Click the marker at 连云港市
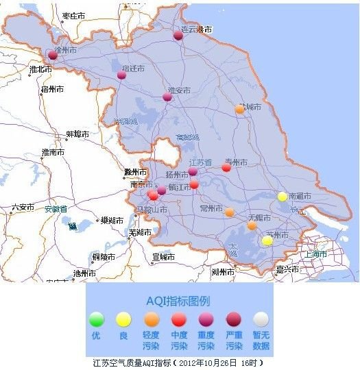[178, 36]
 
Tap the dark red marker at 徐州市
[53, 56]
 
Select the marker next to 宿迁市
[121, 75]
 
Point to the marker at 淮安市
[167, 97]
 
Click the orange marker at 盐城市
[239, 109]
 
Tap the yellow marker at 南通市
[282, 197]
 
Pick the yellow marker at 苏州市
[267, 241]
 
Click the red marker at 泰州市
[226, 167]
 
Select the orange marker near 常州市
[229, 212]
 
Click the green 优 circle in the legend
[97, 319]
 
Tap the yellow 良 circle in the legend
[123, 319]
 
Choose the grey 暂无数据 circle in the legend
[260, 319]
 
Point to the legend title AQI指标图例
[178, 301]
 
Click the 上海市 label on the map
[316, 254]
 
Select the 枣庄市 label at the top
[73, 16]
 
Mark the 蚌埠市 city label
[77, 134]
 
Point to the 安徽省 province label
[56, 209]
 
